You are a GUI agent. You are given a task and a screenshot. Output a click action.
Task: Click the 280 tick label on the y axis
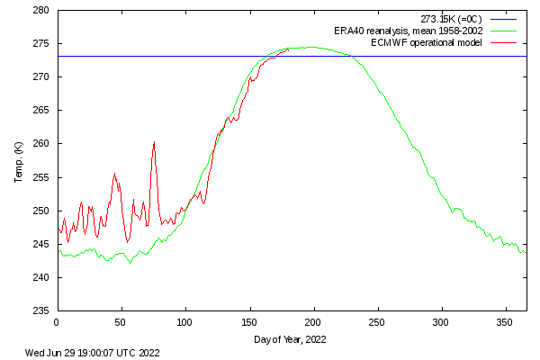(x=41, y=11)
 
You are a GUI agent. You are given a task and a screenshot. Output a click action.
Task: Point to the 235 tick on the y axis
(x=41, y=311)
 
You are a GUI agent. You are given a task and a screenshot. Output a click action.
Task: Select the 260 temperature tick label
(x=41, y=144)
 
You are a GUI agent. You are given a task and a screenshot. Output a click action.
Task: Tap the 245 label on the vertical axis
(x=41, y=245)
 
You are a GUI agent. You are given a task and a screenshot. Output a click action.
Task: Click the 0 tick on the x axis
(x=57, y=321)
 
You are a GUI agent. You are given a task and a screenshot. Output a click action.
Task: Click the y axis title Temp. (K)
(x=19, y=161)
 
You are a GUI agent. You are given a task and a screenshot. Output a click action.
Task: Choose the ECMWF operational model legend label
(x=426, y=42)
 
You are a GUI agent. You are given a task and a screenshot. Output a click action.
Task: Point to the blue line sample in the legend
(x=505, y=19)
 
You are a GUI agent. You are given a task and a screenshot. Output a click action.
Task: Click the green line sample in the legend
(x=505, y=31)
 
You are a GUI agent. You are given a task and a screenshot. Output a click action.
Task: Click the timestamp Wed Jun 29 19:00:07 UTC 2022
(x=92, y=353)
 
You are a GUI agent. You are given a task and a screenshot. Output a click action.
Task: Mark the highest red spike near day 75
(x=154, y=142)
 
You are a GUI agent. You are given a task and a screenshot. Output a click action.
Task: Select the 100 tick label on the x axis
(x=184, y=321)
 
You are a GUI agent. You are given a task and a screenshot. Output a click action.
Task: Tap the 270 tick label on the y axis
(x=41, y=77)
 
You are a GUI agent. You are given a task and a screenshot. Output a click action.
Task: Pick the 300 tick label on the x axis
(x=441, y=321)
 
